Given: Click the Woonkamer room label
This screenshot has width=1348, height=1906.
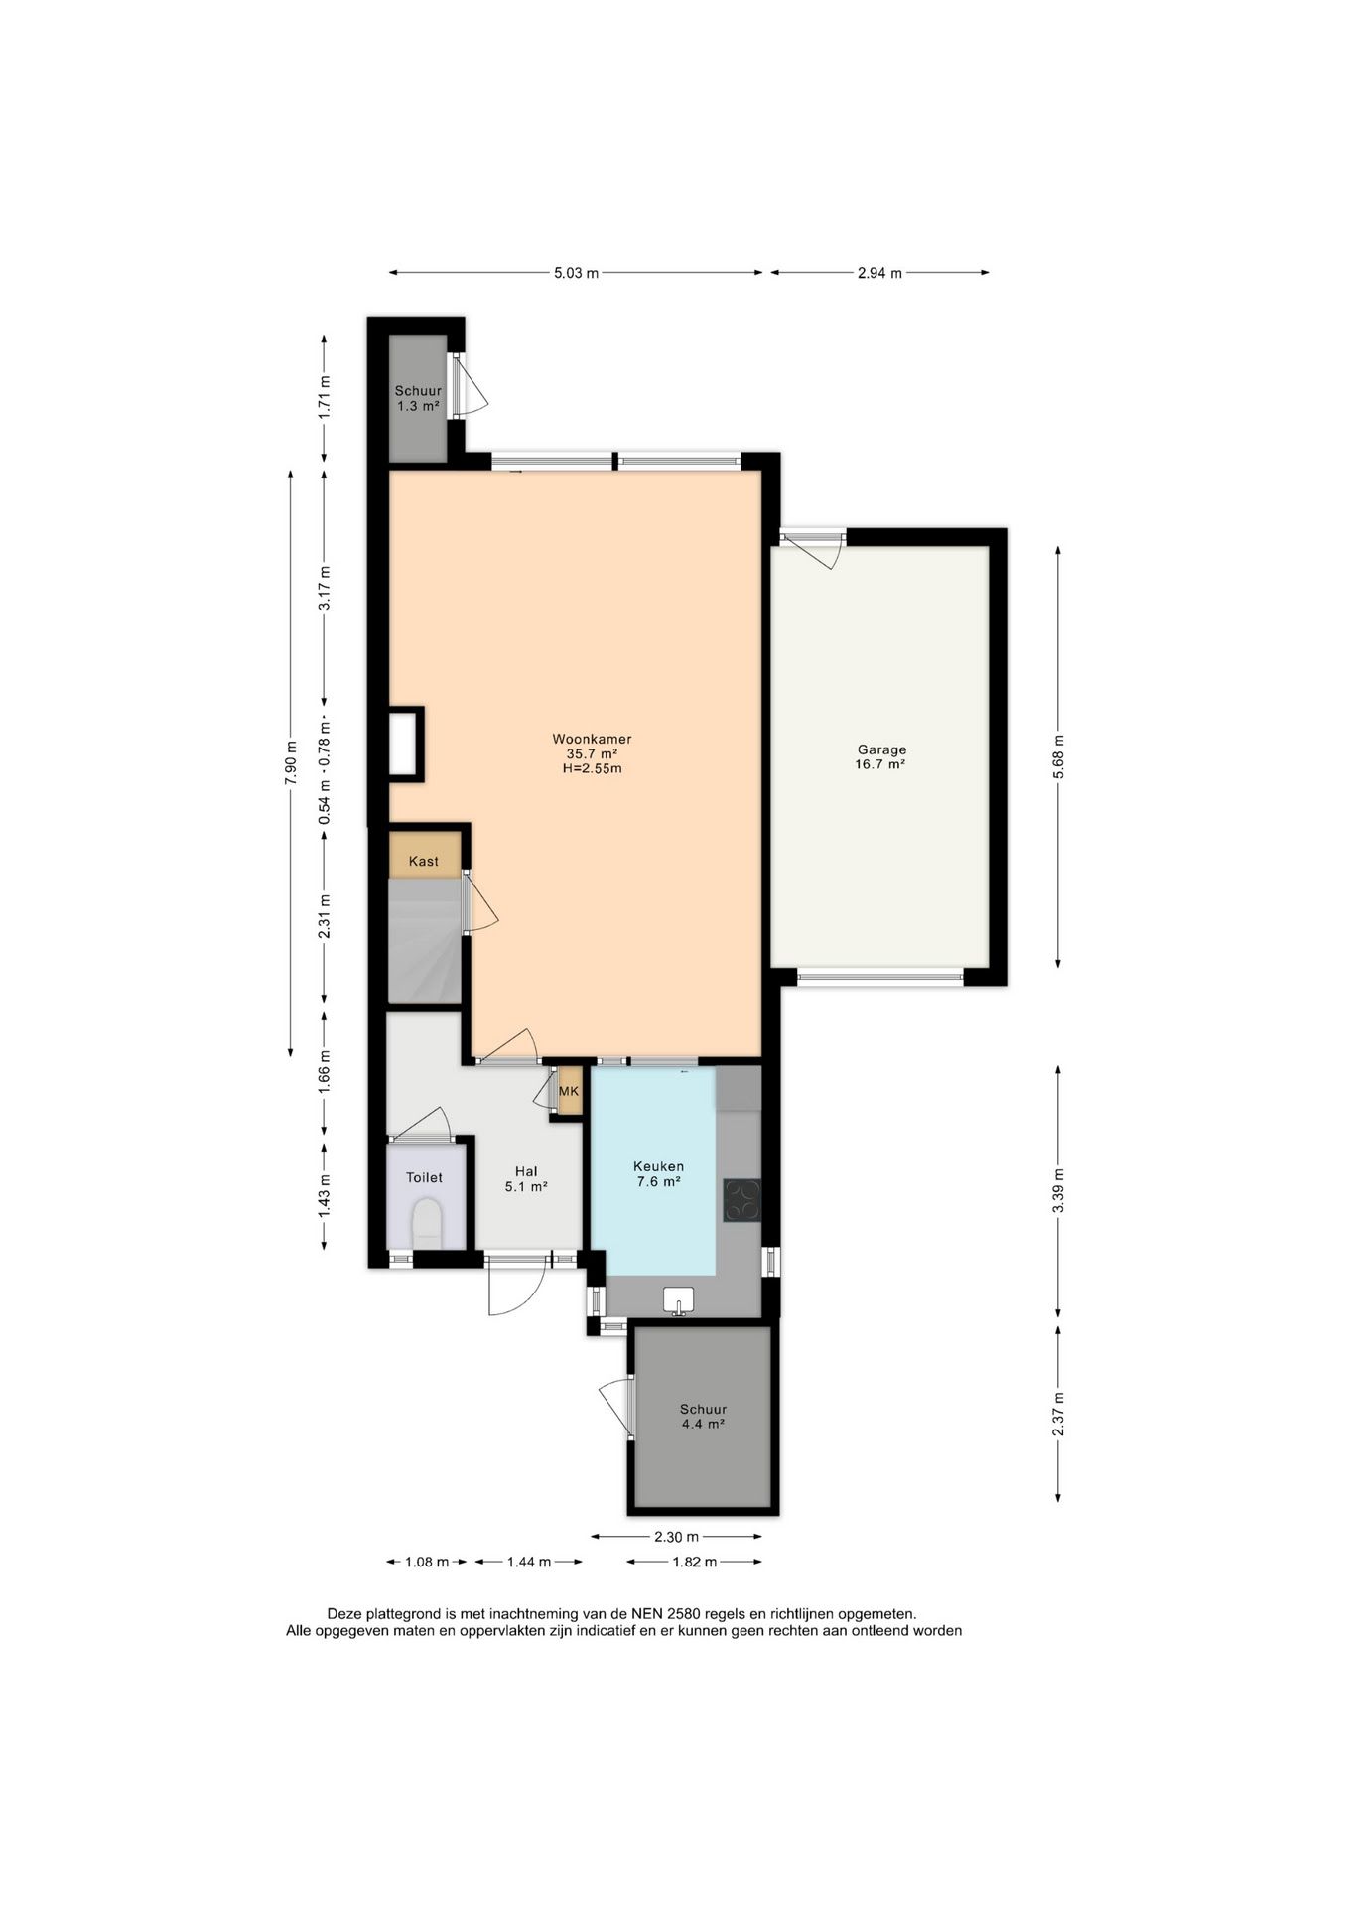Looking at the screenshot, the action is (592, 753).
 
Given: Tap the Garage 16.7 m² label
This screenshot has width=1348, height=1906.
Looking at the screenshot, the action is (881, 757).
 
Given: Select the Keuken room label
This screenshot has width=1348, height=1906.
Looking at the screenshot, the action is (659, 1173).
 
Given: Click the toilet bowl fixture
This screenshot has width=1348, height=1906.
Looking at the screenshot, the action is (427, 1224).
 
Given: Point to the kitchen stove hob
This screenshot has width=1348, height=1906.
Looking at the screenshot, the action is (742, 1199).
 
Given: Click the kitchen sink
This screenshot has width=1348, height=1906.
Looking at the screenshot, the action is (679, 1299).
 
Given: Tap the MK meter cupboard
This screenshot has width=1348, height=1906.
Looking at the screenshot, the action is (569, 1091).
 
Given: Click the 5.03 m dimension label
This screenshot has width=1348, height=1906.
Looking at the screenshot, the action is (576, 273).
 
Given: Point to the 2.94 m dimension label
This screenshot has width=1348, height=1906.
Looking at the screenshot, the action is (879, 273).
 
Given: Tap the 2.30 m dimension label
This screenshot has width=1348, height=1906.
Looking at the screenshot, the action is (676, 1537).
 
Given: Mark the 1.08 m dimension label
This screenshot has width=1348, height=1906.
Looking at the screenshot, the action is (427, 1562).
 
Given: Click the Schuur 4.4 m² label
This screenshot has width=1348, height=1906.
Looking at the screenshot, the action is (703, 1416).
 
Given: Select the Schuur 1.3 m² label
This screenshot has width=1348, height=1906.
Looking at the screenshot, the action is (418, 398).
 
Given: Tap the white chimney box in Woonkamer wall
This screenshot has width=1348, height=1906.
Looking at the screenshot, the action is (404, 743).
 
